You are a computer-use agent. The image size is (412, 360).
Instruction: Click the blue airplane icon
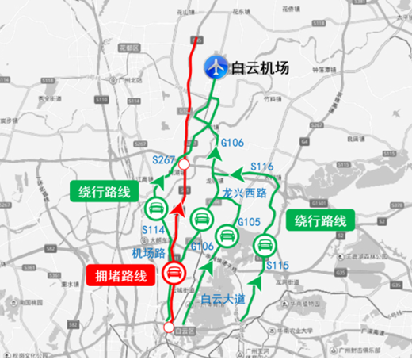214,67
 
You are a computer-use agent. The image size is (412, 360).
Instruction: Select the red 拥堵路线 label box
117,275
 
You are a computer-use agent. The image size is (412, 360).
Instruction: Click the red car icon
174,274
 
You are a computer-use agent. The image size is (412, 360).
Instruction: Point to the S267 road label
164,160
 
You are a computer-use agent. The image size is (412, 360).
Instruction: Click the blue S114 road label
154,230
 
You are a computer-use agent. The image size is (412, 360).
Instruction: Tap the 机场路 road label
147,252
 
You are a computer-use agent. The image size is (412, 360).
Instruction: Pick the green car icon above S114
155,209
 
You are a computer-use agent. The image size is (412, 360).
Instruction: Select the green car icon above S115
263,245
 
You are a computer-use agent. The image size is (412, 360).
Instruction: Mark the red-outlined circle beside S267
184,164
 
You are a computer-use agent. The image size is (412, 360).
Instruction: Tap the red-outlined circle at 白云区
169,326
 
